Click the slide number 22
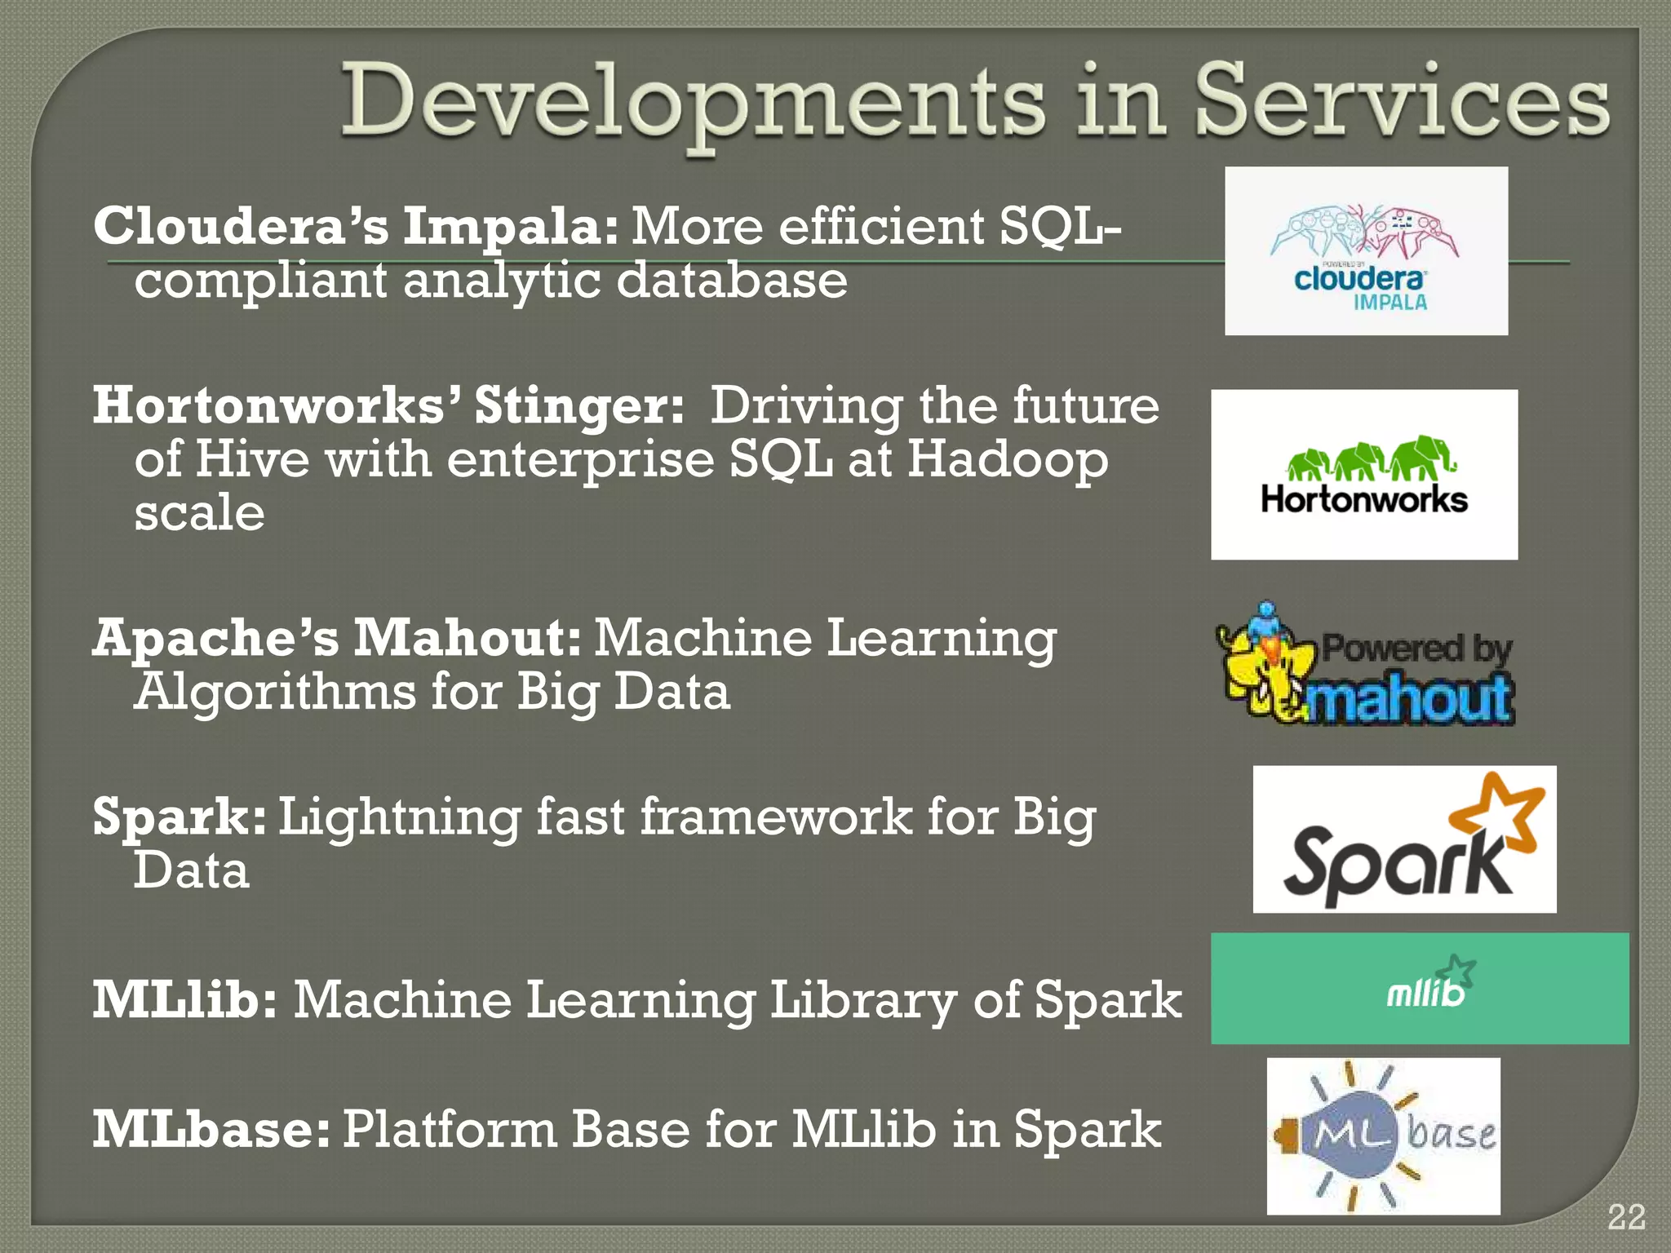click(x=1625, y=1217)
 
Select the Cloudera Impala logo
click(x=1366, y=251)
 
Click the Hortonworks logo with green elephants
click(x=1364, y=475)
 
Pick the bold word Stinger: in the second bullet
click(x=579, y=405)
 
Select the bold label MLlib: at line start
click(x=184, y=999)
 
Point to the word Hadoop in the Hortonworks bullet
click(x=1007, y=460)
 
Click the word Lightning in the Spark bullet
click(x=399, y=818)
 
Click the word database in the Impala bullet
click(x=731, y=281)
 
